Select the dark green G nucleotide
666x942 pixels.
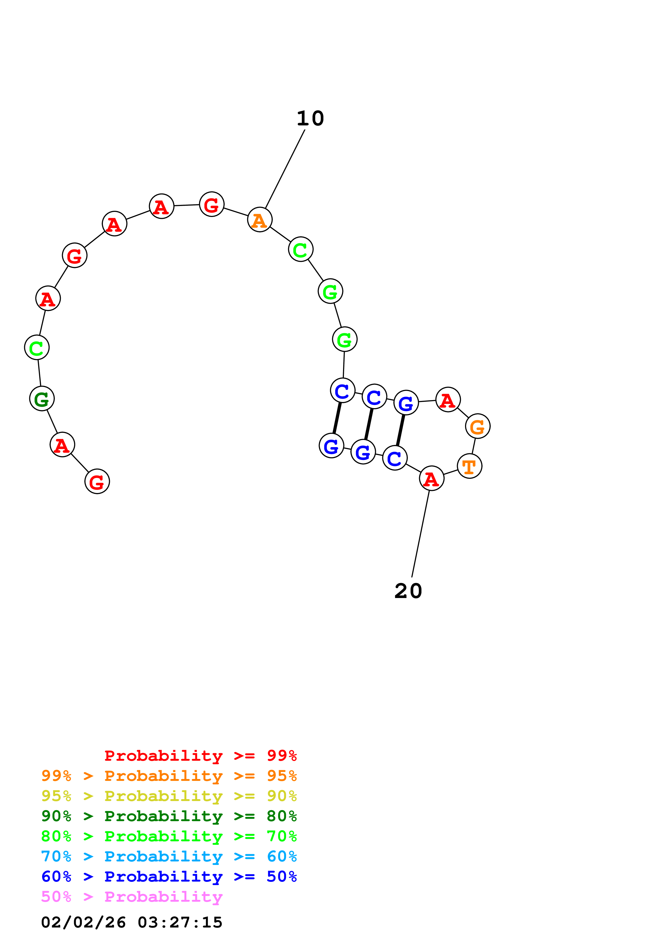click(42, 398)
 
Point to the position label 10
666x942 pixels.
click(310, 119)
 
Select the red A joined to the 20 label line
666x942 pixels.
click(431, 479)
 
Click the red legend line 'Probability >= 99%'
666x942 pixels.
click(200, 756)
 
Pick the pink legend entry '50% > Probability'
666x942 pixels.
click(132, 897)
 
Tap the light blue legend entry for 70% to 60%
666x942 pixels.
click(169, 857)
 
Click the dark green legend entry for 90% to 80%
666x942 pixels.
click(169, 816)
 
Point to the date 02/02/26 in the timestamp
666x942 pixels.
click(83, 922)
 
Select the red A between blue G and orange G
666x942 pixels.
click(448, 400)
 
